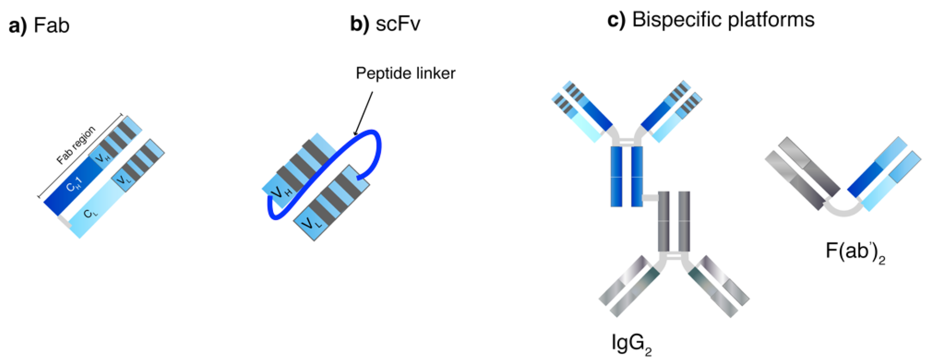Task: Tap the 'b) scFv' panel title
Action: coord(385,24)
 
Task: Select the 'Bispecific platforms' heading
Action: coord(723,19)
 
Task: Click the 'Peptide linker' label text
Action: coord(405,73)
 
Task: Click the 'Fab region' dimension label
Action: coord(76,145)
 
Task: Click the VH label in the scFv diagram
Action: coord(282,192)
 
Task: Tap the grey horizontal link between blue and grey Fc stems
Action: coord(650,198)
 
